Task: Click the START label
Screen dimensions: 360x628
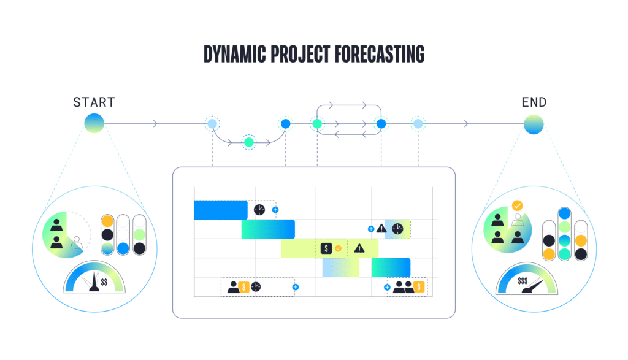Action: click(x=94, y=102)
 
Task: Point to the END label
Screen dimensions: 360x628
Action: click(x=534, y=102)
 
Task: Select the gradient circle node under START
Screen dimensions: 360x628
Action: click(x=94, y=124)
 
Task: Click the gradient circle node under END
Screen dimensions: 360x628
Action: click(x=534, y=124)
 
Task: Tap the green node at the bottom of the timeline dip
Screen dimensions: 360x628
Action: click(x=248, y=142)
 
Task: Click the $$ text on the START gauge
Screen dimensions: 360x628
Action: click(x=104, y=282)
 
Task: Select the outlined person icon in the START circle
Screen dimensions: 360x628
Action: click(x=76, y=242)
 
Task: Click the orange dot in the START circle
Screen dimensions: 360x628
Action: click(x=107, y=221)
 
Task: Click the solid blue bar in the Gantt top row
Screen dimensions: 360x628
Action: click(x=220, y=210)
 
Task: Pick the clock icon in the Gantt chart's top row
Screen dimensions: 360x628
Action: click(x=259, y=210)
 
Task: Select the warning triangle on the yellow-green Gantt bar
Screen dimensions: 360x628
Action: click(x=359, y=248)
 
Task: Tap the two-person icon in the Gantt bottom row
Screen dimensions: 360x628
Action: click(x=403, y=286)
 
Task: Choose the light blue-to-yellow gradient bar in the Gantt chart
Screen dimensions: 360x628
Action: click(x=340, y=267)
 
